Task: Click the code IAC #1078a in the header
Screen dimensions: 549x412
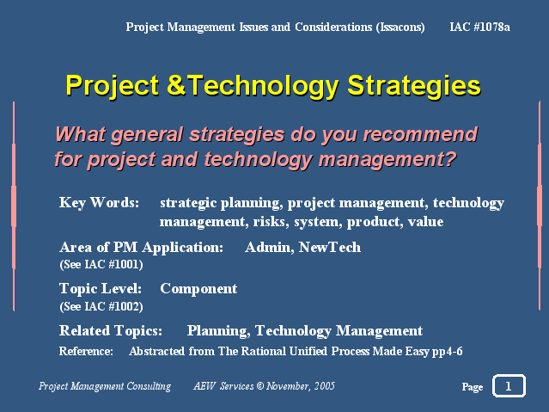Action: pos(479,27)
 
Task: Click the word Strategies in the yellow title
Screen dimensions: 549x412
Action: pos(414,86)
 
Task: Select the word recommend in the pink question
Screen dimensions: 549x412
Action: pos(420,134)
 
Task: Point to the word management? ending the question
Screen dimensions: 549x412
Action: pos(387,159)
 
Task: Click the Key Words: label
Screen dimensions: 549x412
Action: pos(99,203)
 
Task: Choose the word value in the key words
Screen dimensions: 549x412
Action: pos(425,222)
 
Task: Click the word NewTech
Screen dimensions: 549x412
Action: pos(329,247)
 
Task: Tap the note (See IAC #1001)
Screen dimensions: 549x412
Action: pos(101,264)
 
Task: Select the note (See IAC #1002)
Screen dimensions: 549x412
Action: pos(101,306)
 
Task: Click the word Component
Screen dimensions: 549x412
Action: pos(198,289)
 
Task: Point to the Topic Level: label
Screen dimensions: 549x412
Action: pos(101,289)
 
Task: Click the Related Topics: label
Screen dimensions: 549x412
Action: pos(111,330)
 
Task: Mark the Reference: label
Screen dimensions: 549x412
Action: pos(86,351)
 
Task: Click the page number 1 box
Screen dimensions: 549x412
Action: pos(509,385)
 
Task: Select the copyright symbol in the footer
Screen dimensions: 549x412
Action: pos(259,386)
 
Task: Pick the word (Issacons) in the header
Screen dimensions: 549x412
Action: pos(400,27)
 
